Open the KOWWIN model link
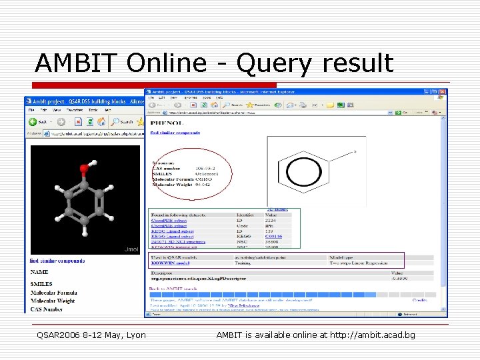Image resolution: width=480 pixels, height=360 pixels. [170, 263]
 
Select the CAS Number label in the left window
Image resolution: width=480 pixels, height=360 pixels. [52, 308]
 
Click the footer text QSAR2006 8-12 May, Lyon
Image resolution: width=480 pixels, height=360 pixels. [91, 335]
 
